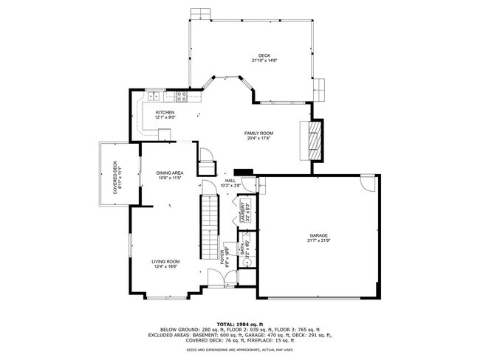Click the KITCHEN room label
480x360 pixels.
(x=165, y=113)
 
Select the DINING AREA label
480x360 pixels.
(x=169, y=173)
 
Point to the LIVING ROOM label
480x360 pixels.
(x=165, y=262)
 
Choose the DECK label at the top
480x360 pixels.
(x=264, y=55)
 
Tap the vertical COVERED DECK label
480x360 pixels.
(x=115, y=178)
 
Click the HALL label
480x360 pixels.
(x=230, y=181)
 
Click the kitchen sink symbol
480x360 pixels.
(x=156, y=97)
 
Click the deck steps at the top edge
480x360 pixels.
(x=200, y=14)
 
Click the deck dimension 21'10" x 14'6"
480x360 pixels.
(x=264, y=60)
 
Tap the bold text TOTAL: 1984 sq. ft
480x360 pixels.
(x=240, y=323)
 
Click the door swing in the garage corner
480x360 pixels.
(x=367, y=181)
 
